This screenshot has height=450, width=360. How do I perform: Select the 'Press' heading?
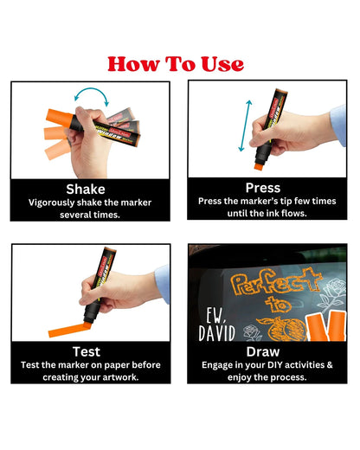click(262, 187)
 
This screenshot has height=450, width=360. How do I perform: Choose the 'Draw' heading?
click(262, 352)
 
